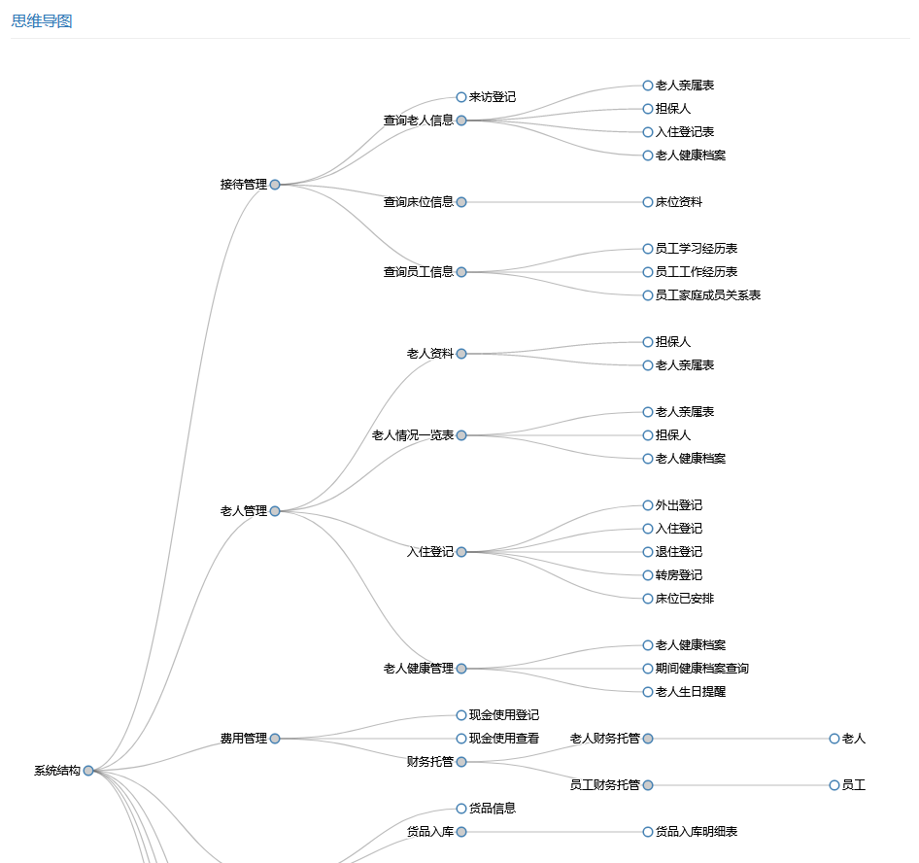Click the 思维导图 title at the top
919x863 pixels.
click(42, 21)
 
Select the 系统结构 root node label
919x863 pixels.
click(57, 771)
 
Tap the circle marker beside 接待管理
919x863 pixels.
click(275, 185)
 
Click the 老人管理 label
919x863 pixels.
click(243, 511)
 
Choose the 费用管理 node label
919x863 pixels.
click(243, 739)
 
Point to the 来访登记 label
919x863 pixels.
click(492, 97)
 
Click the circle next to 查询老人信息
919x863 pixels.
click(461, 121)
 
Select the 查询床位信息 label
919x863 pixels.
click(418, 202)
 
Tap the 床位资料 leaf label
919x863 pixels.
click(678, 202)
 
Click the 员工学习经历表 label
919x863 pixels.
click(696, 249)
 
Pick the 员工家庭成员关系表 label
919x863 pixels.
click(707, 295)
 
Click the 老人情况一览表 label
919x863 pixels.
click(412, 435)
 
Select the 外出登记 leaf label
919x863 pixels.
click(678, 505)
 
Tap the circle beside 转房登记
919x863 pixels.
click(648, 575)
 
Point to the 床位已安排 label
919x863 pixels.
click(684, 599)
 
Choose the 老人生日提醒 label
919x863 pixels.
click(690, 692)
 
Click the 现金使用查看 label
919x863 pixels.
click(503, 739)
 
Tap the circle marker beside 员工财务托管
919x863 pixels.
click(648, 785)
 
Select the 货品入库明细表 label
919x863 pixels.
click(696, 832)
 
